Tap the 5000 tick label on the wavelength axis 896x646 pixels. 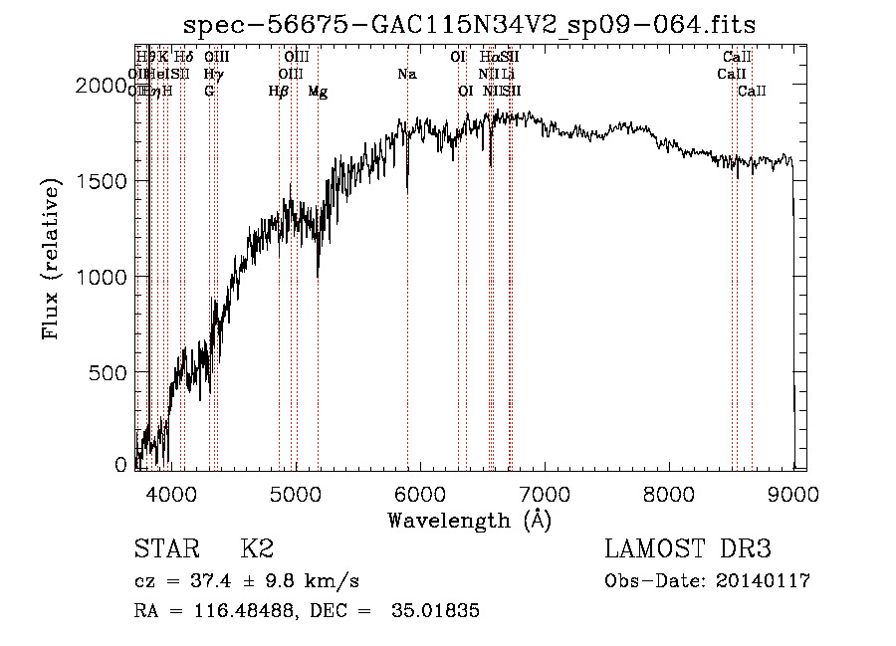coord(294,494)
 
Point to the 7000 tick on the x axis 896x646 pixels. coord(544,494)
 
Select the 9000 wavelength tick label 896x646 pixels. coord(793,494)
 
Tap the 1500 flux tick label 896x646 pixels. coord(102,181)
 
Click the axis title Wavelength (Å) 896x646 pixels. coord(469,520)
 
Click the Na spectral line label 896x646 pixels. coord(406,75)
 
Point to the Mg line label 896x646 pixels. coord(318,92)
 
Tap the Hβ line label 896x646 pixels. coord(279,92)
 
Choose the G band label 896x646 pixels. coord(209,92)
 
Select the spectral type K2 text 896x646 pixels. coord(258,549)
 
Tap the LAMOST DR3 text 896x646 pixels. coord(687,549)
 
